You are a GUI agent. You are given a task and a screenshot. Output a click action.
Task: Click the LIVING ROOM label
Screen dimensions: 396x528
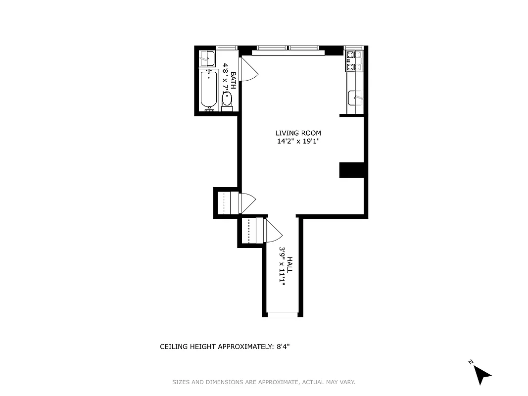point(298,133)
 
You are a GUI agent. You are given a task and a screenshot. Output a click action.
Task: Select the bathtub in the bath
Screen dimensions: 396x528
point(209,90)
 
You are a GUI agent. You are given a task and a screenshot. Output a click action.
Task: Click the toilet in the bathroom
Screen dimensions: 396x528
point(227,99)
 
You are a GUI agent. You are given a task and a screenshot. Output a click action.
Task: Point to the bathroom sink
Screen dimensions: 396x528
point(207,58)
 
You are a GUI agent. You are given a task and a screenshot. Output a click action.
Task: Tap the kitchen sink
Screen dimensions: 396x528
point(355,98)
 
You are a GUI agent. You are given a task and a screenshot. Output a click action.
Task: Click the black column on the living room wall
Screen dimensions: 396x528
point(352,170)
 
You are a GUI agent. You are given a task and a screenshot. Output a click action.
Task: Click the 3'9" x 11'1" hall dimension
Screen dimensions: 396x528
point(282,267)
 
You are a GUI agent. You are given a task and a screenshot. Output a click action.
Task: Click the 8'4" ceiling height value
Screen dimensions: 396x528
point(282,346)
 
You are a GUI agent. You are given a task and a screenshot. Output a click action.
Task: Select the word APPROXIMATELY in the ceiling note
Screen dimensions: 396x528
point(245,346)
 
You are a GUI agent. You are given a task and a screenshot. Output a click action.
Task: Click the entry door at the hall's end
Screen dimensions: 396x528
point(282,314)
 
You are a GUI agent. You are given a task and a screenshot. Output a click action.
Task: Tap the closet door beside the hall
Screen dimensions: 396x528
point(273,231)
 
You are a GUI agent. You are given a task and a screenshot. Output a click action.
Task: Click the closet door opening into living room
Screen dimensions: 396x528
point(246,202)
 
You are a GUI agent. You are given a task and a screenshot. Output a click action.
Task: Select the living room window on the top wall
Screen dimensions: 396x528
point(288,48)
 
